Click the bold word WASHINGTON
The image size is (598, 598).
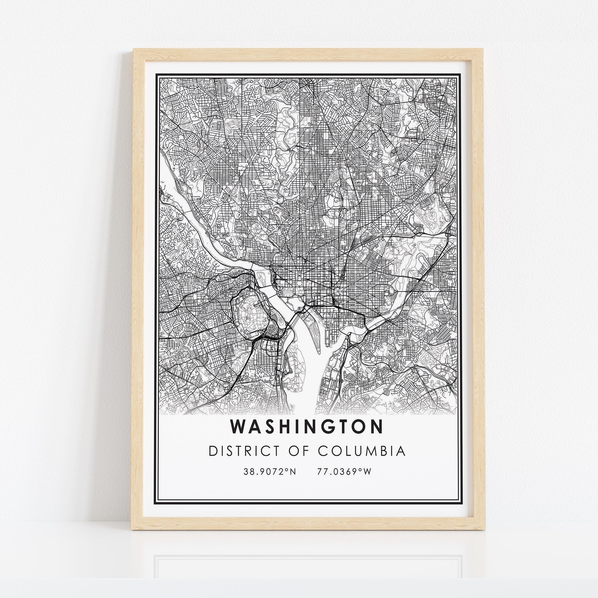point(307,427)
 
